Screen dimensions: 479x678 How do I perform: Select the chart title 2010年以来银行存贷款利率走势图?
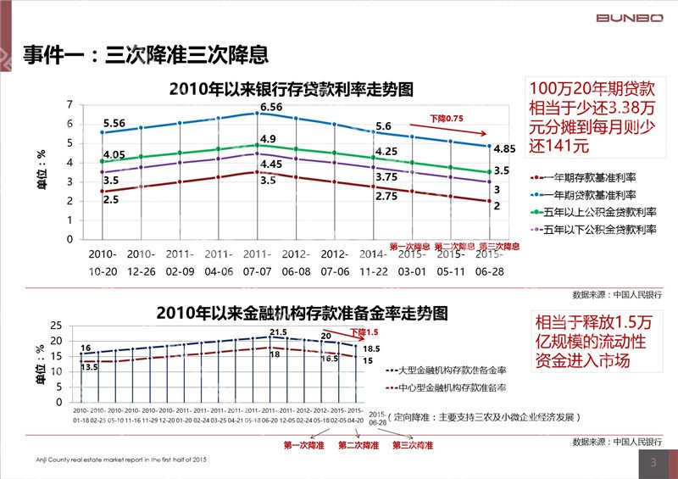coord(292,88)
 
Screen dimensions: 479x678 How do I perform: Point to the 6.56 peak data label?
coord(271,107)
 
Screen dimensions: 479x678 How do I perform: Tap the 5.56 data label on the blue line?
coord(114,123)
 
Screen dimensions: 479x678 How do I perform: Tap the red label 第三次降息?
coord(499,246)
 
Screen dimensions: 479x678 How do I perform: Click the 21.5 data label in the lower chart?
coord(278,331)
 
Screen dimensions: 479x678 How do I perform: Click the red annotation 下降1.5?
coord(367,332)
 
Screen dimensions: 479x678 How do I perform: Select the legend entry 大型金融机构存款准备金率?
coord(441,370)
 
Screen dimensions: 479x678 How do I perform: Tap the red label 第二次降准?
coord(359,445)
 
